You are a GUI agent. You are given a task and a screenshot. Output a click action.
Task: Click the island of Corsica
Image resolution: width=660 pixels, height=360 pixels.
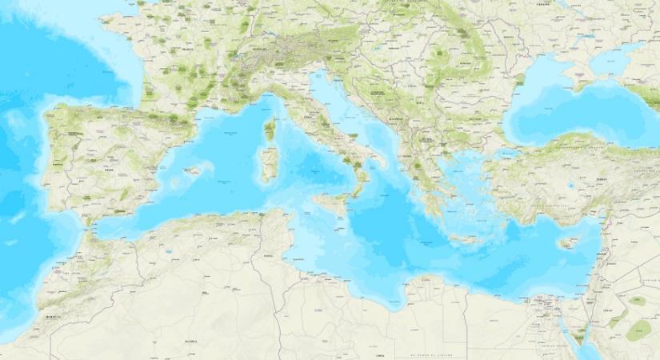[x=269, y=129]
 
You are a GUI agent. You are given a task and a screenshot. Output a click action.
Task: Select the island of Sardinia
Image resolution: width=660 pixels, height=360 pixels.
[x=268, y=165]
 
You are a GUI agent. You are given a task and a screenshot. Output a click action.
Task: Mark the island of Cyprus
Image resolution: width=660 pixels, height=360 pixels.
[x=569, y=242]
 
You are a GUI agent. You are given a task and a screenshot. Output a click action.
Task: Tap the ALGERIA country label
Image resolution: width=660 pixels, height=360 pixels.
[x=190, y=342]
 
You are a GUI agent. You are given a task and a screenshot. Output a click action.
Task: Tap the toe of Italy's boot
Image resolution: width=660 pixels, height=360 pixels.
[x=357, y=190]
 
